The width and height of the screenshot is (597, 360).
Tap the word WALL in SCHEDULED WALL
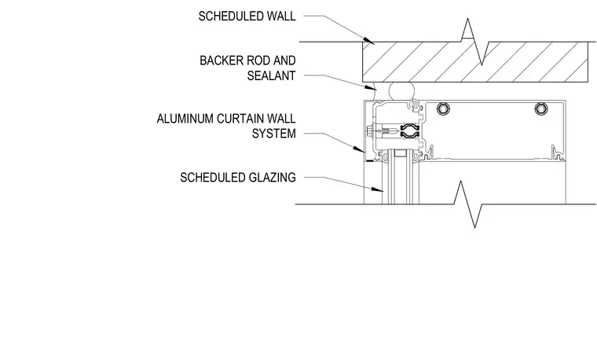coord(281,17)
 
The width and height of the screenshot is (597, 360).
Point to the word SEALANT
coord(272,75)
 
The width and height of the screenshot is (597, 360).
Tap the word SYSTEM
coord(273,134)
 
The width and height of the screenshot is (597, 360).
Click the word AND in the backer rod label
coord(284,61)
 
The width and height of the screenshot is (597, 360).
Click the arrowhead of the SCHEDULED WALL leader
coord(369,40)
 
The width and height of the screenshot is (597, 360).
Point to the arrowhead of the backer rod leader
coord(372,87)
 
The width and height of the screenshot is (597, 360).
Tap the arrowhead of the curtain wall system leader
coord(359,149)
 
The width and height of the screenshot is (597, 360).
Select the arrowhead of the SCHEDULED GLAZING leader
coord(377,189)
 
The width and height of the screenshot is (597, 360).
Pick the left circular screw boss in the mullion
coord(443,108)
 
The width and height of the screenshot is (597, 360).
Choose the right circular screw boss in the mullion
coord(541,108)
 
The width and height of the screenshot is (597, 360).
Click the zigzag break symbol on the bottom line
coord(468,204)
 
